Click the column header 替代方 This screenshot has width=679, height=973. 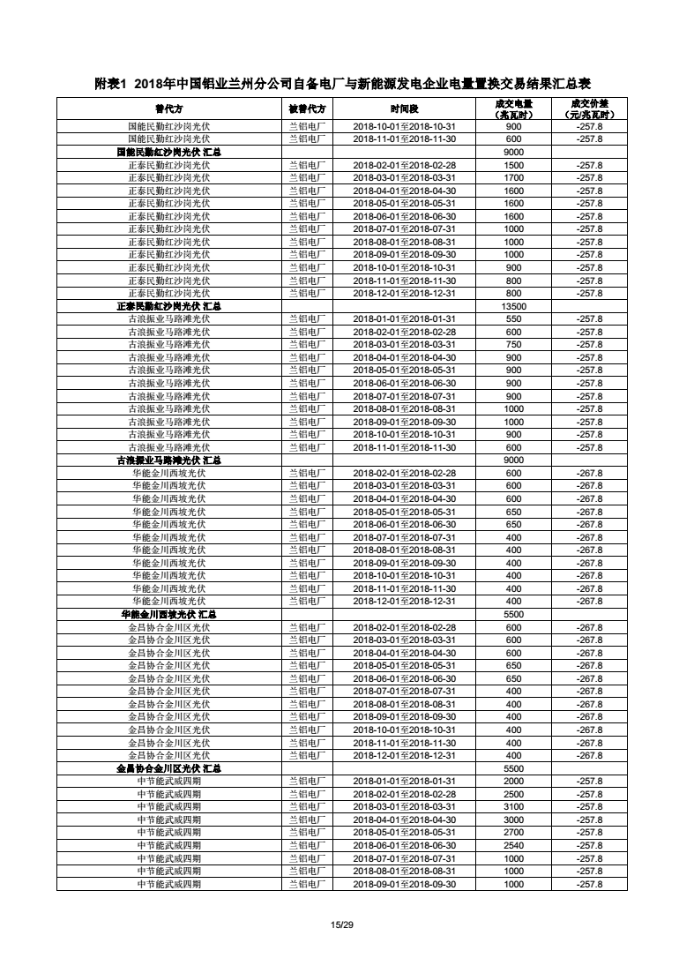pos(168,109)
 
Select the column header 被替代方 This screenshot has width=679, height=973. pos(307,109)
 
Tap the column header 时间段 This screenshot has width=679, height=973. pos(404,109)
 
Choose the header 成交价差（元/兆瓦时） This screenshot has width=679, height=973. pos(589,109)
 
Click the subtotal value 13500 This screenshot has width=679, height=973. pos(513,306)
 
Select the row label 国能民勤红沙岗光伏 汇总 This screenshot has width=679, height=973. pos(168,152)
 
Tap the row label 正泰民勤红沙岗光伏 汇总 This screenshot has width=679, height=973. pos(168,306)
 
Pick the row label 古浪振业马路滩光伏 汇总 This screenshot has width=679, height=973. pos(168,460)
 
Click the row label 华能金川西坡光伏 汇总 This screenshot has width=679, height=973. pos(168,614)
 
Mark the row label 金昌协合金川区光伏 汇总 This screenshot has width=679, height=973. pos(168,768)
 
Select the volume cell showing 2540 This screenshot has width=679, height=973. pos(513,845)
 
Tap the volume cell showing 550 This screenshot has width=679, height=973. pos(513,319)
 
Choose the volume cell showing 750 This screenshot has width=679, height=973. pos(513,345)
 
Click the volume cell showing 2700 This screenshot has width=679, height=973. pos(513,833)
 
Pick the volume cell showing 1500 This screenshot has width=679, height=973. pos(513,165)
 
